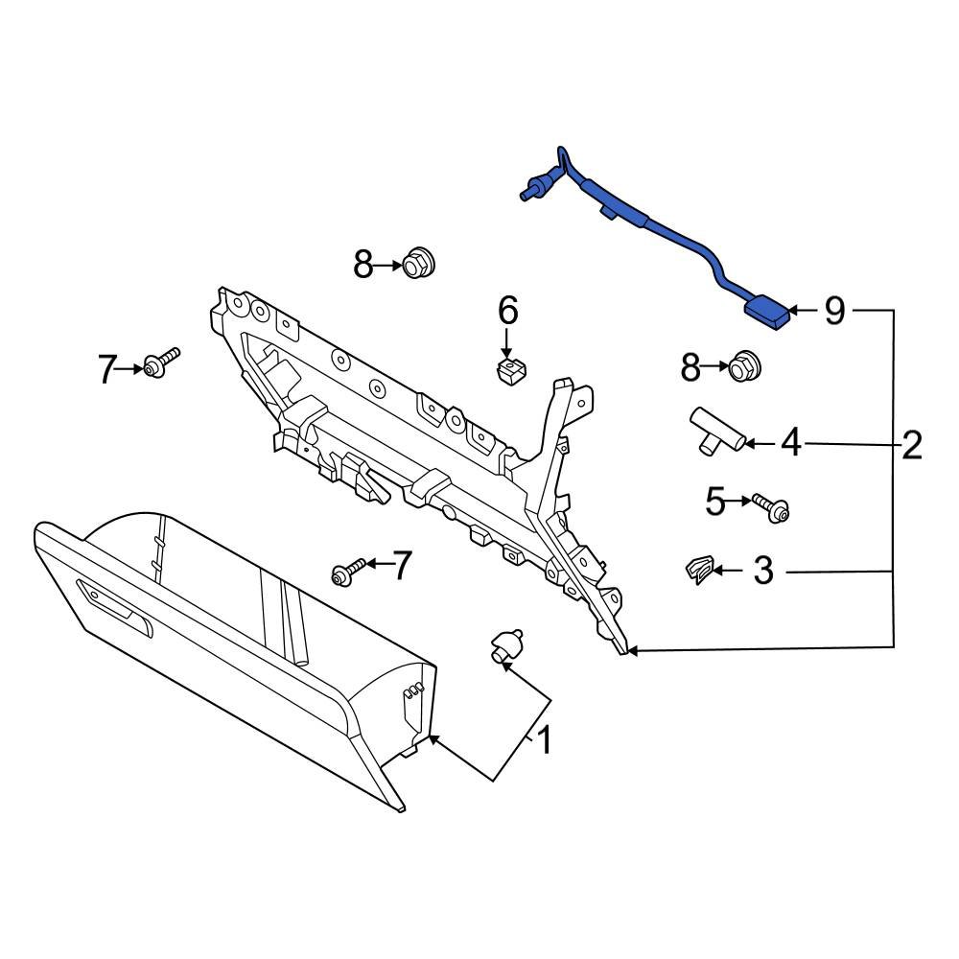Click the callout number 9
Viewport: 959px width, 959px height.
pyautogui.click(x=834, y=311)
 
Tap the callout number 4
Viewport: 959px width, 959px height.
pyautogui.click(x=790, y=442)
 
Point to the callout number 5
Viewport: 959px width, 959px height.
pyautogui.click(x=715, y=501)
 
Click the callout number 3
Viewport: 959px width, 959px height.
pyautogui.click(x=762, y=572)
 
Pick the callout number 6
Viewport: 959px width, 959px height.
pyautogui.click(x=507, y=311)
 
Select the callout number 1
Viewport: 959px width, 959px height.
pyautogui.click(x=543, y=740)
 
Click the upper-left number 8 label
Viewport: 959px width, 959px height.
pyautogui.click(x=363, y=264)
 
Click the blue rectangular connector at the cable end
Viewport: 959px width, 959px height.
pyautogui.click(x=768, y=313)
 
